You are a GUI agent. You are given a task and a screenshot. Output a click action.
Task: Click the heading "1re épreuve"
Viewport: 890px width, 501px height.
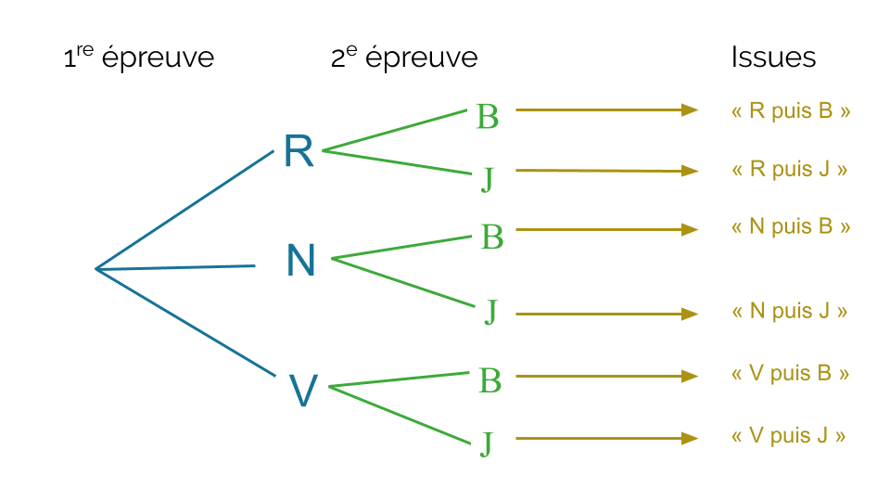pos(138,58)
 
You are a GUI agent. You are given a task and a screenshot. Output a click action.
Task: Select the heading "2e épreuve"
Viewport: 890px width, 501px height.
pos(404,58)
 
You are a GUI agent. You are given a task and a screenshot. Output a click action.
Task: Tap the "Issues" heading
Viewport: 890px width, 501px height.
pos(773,58)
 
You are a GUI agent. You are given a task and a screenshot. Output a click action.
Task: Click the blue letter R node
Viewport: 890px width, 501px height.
pos(299,151)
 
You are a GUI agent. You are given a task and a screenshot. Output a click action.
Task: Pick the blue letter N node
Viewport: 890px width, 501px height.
pos(301,262)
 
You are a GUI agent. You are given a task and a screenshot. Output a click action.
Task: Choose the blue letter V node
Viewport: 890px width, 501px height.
pos(303,392)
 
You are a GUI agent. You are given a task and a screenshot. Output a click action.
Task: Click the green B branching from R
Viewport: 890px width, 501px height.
pos(488,117)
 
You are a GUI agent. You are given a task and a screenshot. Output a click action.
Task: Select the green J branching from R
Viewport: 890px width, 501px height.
pos(488,178)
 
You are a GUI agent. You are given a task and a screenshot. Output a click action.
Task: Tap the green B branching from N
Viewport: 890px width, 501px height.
pos(492,238)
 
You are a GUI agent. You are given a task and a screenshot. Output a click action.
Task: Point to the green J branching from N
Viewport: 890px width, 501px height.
pos(491,313)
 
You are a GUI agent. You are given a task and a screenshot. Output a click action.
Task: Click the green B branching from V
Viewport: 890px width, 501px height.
pos(490,380)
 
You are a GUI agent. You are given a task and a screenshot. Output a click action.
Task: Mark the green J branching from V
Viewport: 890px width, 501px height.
pos(487,443)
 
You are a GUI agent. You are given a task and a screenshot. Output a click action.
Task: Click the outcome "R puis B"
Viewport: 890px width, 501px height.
pos(791,111)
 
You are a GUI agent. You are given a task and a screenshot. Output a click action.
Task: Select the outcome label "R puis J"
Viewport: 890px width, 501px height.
pos(790,170)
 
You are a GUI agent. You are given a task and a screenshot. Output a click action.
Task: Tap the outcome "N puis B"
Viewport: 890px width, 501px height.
pos(791,227)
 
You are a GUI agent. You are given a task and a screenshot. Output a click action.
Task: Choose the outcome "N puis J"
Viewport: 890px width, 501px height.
pos(790,312)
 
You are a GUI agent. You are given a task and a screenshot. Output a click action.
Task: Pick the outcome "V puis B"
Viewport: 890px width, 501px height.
pos(790,374)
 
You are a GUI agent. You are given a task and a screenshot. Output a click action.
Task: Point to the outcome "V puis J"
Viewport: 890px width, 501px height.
pos(789,436)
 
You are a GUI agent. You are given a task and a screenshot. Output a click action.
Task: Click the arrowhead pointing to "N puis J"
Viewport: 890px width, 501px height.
pos(689,315)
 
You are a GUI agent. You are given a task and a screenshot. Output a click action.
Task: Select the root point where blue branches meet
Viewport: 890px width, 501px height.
pos(96,269)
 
